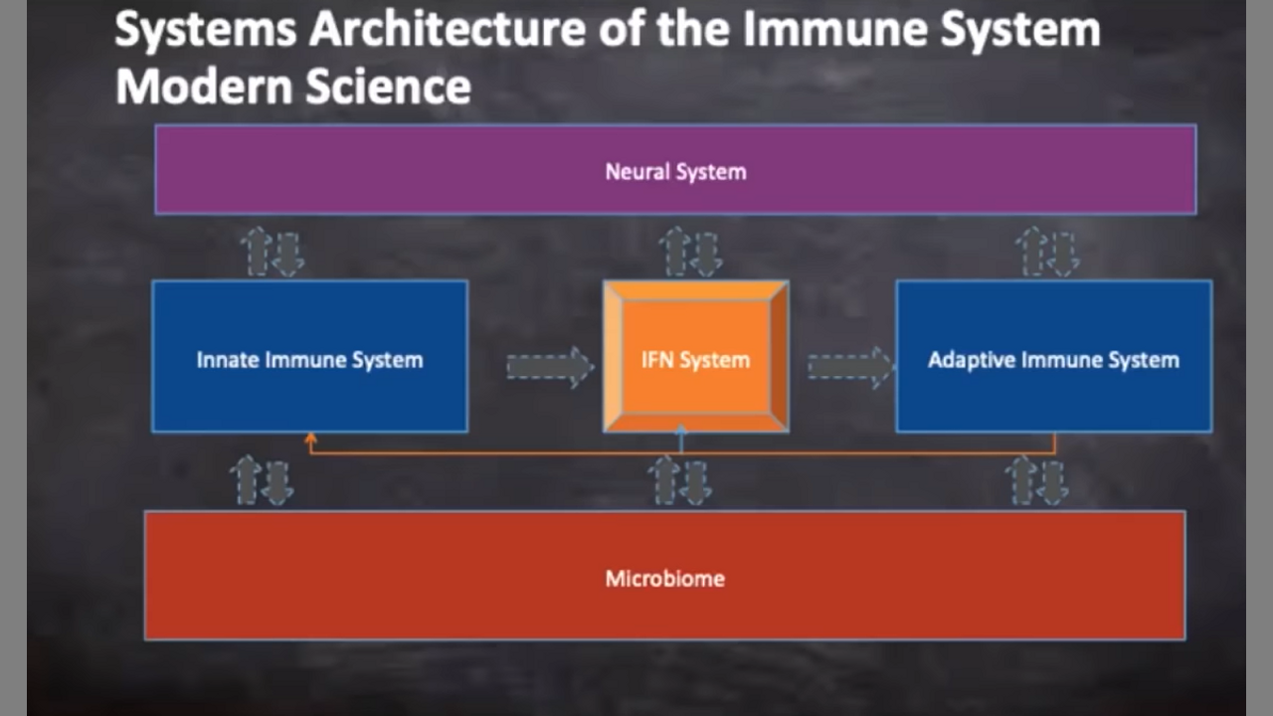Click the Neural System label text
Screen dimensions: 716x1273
[675, 172]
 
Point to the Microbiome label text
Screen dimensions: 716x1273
[664, 578]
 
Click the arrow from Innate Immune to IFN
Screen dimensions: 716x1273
[549, 367]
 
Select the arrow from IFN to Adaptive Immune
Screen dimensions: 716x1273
[850, 367]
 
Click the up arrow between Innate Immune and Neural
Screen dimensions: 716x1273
[258, 250]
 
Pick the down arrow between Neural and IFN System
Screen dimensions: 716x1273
[707, 254]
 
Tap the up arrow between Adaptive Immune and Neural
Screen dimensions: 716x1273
[1031, 250]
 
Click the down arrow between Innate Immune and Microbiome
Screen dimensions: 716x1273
[277, 481]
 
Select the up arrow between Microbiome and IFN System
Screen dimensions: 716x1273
[664, 479]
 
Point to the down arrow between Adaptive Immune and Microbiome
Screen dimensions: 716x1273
[1052, 481]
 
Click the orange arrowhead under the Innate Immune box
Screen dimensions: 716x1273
[310, 439]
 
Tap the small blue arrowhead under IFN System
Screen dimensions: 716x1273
[681, 433]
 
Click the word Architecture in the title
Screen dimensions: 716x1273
[448, 29]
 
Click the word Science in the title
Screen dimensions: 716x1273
[388, 87]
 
